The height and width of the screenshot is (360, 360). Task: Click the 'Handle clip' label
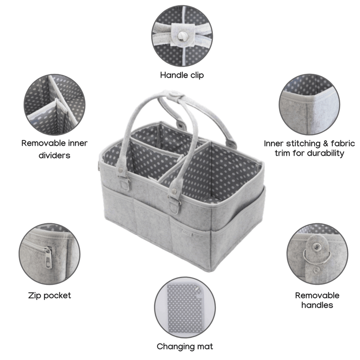click(182, 75)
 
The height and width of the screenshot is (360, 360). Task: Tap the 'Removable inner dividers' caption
click(54, 149)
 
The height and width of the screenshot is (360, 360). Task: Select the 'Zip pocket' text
click(49, 296)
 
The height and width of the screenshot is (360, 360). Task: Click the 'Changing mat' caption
click(184, 346)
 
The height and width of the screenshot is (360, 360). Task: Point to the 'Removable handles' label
click(317, 300)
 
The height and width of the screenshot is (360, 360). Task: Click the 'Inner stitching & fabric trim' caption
click(309, 148)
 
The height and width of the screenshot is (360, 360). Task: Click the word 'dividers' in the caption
click(54, 155)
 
